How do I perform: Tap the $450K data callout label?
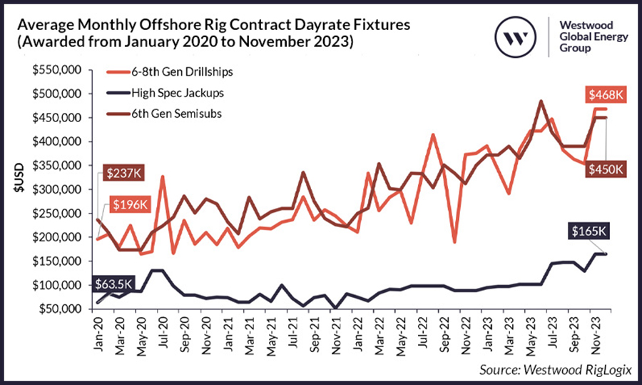[605, 169]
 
